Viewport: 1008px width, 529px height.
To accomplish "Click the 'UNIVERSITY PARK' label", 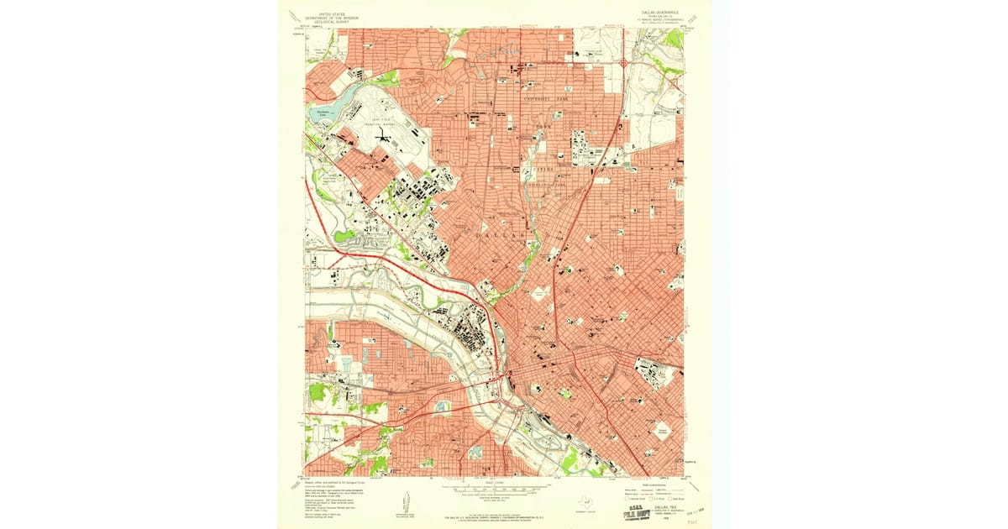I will click(x=551, y=99).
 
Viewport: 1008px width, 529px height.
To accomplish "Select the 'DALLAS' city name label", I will click(x=504, y=238).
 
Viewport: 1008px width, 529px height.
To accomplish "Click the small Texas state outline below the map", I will click(x=585, y=500).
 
